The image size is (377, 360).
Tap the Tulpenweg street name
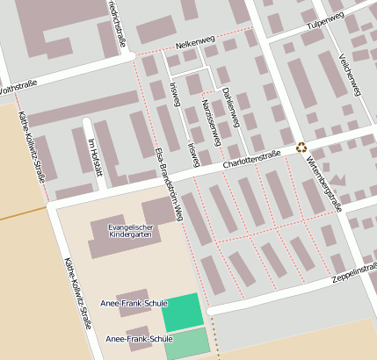coord(323,27)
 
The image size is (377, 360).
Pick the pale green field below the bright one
coord(187,342)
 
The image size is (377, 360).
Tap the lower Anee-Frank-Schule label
coord(139,338)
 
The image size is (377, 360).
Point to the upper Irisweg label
coord(174,93)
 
